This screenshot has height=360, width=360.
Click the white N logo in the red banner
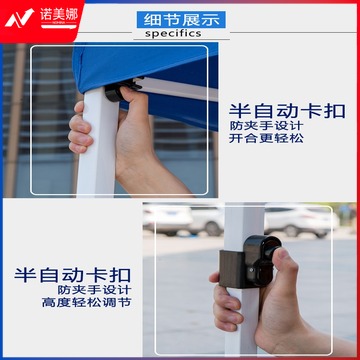(19, 18)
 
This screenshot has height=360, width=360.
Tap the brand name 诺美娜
(59, 15)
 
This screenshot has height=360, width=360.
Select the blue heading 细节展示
(181, 20)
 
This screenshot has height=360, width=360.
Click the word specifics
(173, 33)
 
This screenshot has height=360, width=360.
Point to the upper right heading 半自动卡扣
(287, 111)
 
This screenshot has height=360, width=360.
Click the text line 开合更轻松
(266, 138)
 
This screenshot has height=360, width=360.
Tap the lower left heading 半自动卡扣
(72, 276)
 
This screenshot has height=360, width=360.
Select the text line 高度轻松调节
(87, 302)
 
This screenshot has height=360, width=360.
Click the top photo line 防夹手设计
(266, 125)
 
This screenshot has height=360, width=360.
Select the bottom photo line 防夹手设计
(94, 289)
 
